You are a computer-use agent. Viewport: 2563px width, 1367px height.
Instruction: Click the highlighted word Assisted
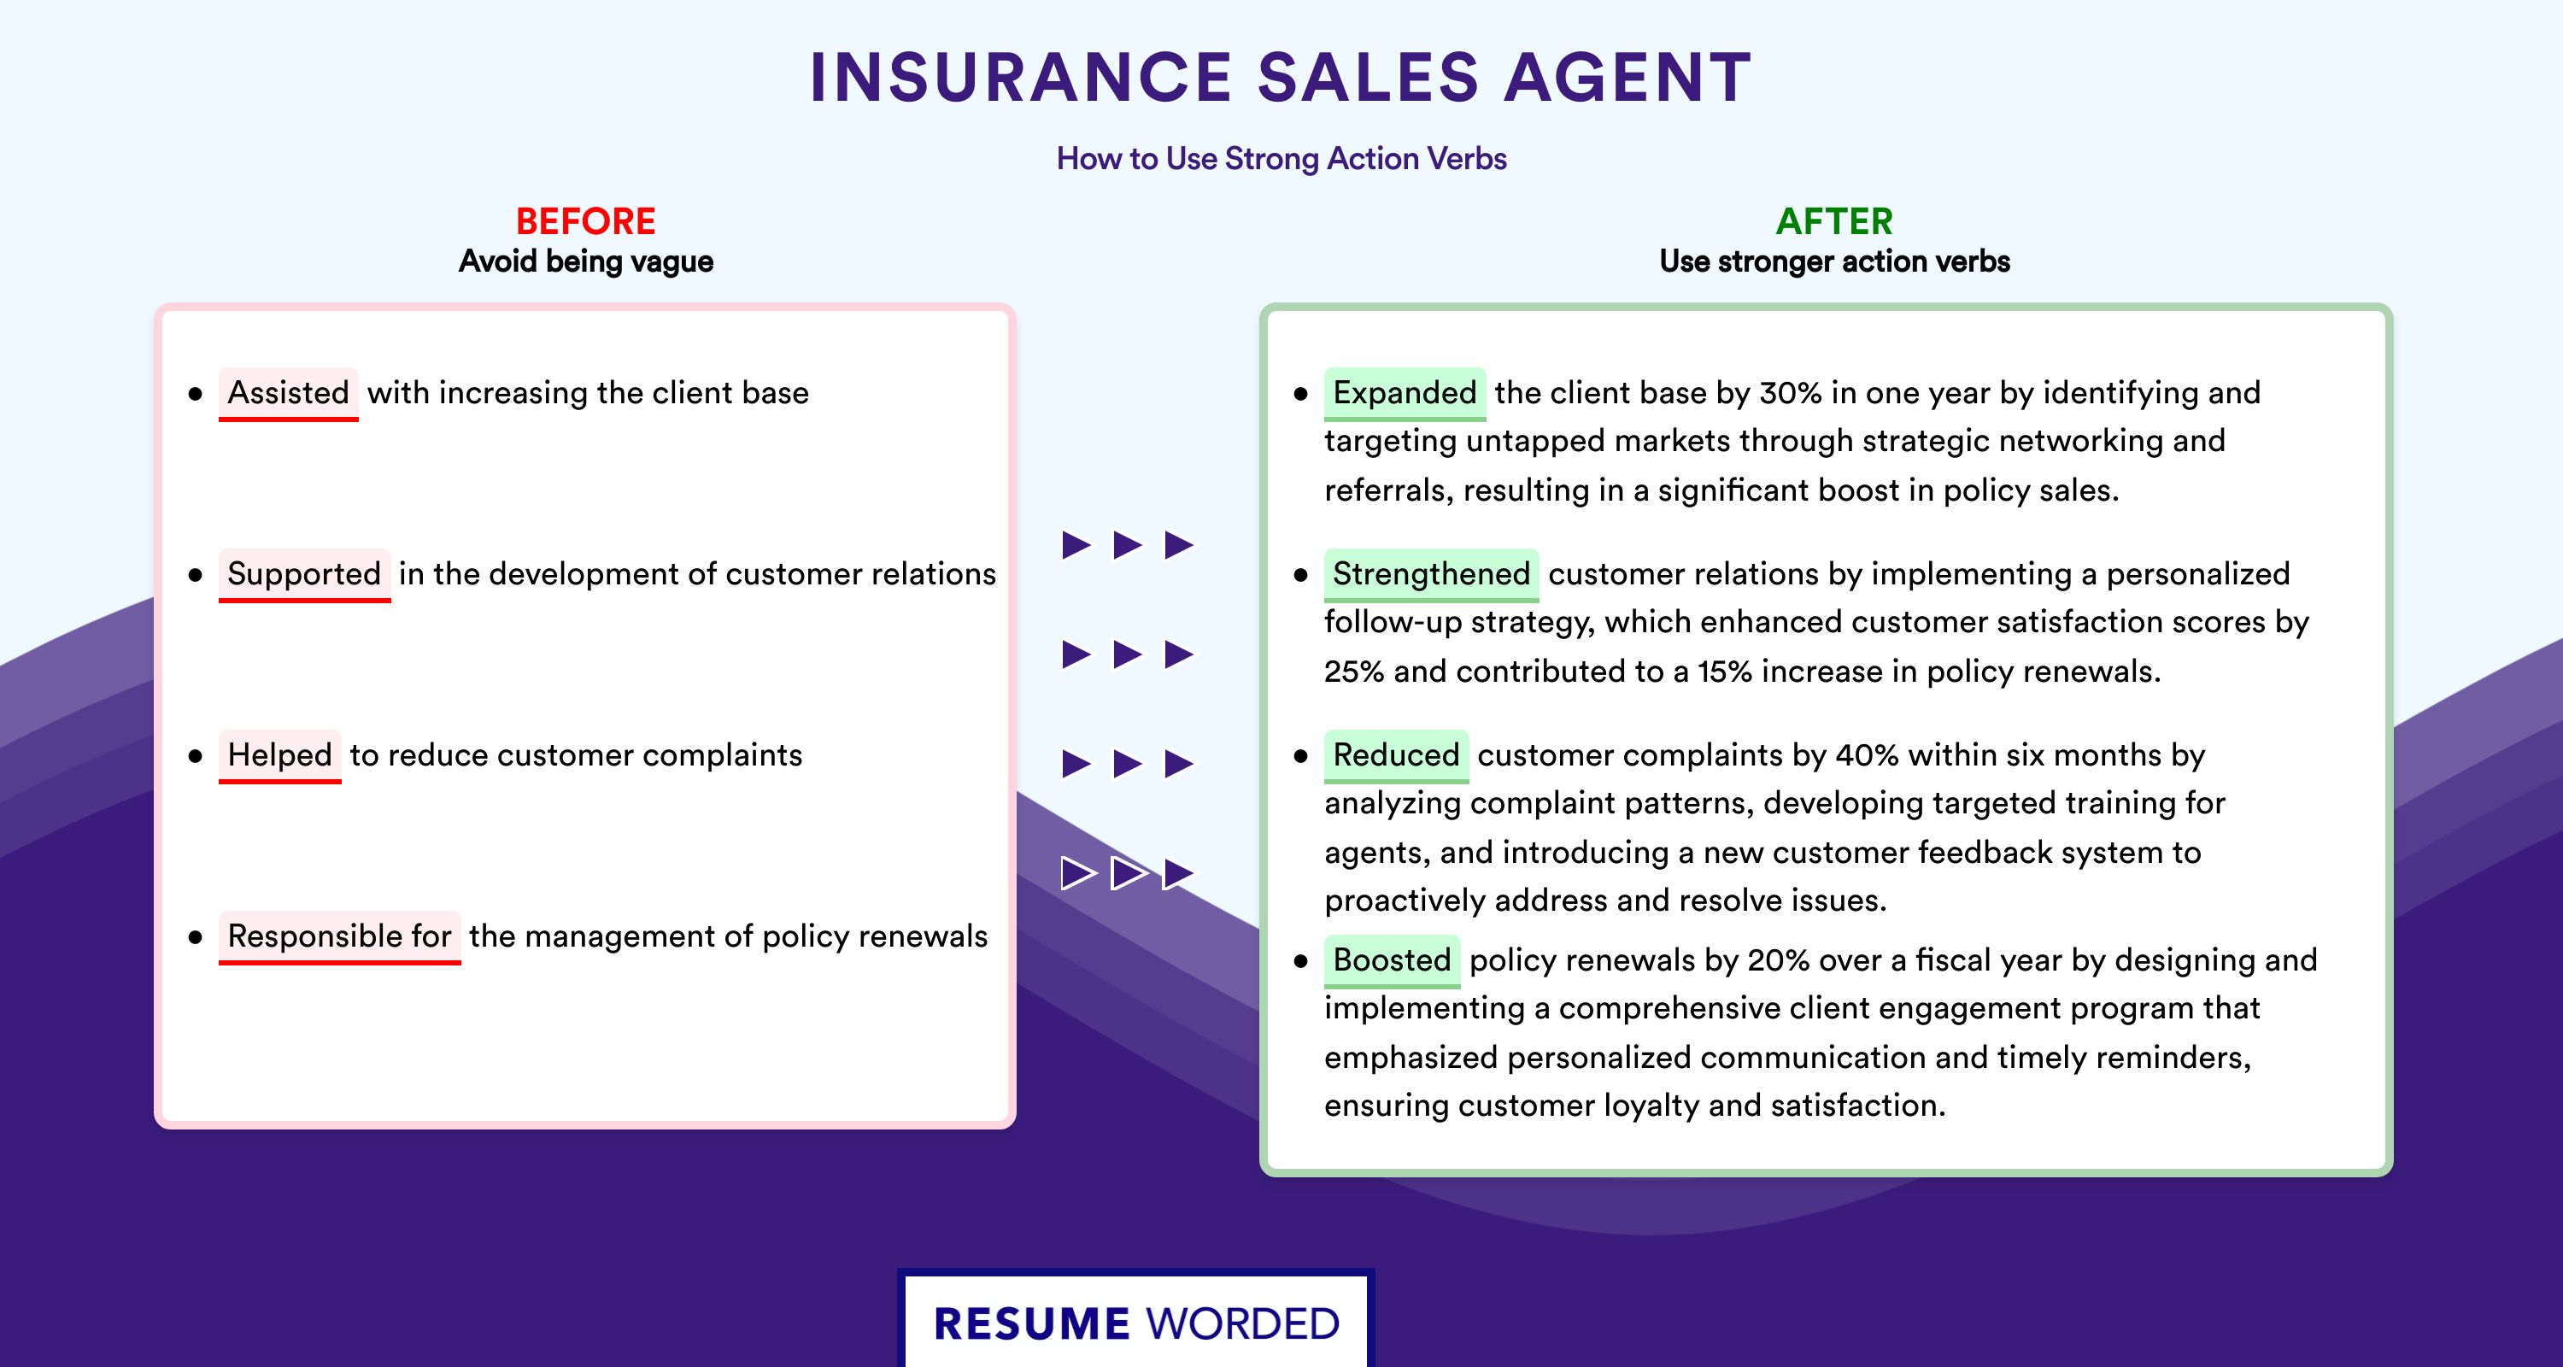click(x=289, y=393)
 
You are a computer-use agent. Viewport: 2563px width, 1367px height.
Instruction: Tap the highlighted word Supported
click(x=304, y=574)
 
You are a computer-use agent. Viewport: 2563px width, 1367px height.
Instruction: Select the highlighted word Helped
click(x=279, y=755)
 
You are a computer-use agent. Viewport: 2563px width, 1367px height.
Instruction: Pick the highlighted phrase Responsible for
click(x=339, y=936)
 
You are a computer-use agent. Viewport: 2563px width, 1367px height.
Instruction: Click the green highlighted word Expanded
click(x=1405, y=393)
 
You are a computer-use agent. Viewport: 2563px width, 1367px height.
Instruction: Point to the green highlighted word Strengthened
click(x=1432, y=574)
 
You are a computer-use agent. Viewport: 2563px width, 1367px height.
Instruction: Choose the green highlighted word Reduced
click(x=1396, y=755)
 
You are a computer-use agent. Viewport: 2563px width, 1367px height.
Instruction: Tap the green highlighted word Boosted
click(x=1392, y=960)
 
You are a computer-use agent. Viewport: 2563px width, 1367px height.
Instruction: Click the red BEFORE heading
click(x=586, y=221)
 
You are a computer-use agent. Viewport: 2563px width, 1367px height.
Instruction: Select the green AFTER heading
click(x=1835, y=221)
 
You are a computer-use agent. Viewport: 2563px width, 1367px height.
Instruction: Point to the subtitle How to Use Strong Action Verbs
click(x=1281, y=158)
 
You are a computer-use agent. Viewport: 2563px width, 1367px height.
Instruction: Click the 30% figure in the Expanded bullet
click(x=1790, y=393)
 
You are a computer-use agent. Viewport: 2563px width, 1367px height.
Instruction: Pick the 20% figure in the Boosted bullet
click(x=1779, y=960)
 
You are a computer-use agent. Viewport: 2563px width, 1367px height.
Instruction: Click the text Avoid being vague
click(x=586, y=261)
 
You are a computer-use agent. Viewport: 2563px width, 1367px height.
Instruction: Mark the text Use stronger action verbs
click(x=1835, y=261)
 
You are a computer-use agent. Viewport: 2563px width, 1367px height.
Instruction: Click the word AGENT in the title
click(x=1628, y=77)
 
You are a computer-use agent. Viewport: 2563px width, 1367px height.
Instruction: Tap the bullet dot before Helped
click(x=195, y=757)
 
